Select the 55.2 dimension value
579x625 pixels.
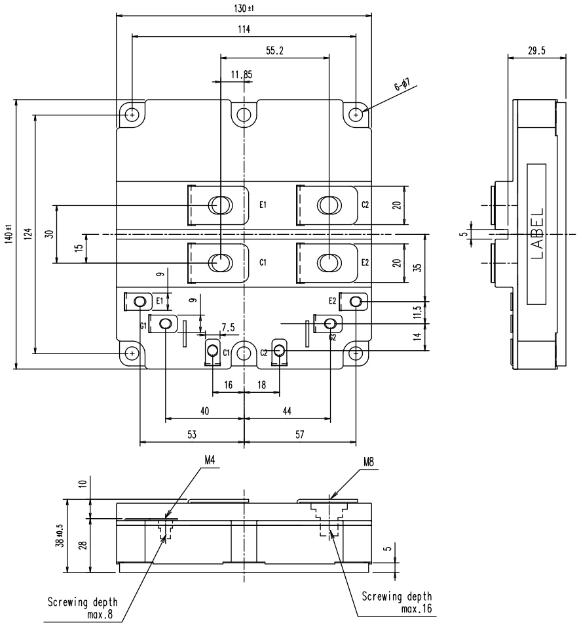[274, 50]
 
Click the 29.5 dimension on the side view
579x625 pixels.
[536, 51]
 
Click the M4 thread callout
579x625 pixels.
[210, 461]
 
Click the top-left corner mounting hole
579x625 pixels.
[133, 115]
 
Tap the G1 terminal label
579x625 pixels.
[143, 325]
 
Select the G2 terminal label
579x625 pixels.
[333, 338]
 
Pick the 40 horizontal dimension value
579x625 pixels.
[204, 411]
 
